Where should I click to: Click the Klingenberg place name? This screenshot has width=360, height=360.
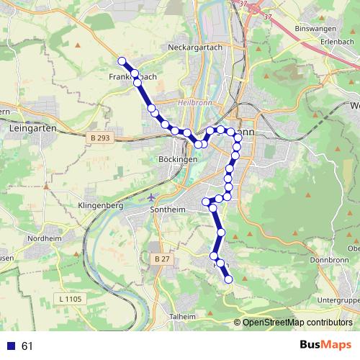(99, 205)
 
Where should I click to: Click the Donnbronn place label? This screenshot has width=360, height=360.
(329, 258)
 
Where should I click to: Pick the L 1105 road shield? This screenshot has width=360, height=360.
(71, 298)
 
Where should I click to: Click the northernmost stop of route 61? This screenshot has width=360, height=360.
(122, 61)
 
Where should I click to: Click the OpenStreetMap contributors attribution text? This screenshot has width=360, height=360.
(297, 323)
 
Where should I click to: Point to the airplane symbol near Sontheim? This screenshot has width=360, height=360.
(150, 196)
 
